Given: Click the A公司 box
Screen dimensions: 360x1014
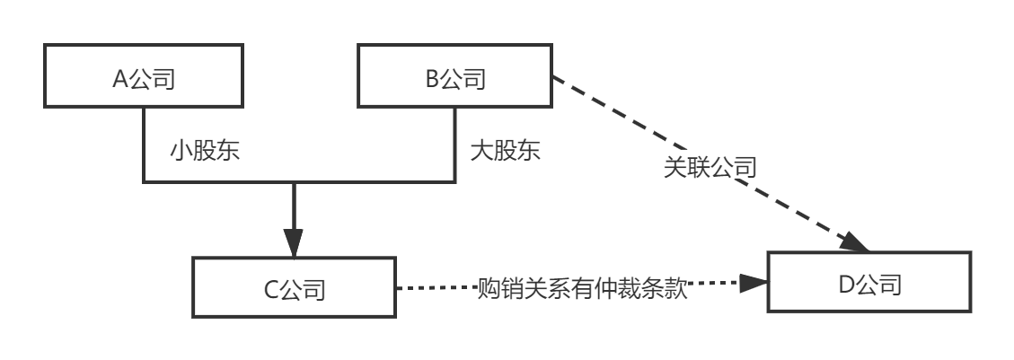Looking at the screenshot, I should (143, 79).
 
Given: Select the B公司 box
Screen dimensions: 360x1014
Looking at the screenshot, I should (454, 79).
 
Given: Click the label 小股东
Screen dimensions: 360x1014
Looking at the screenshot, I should (205, 150).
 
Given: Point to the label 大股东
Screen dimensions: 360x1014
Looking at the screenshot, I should (506, 150).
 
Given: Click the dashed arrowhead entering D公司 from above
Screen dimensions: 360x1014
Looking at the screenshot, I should (857, 241).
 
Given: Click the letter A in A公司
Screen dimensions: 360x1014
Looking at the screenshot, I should (119, 79).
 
